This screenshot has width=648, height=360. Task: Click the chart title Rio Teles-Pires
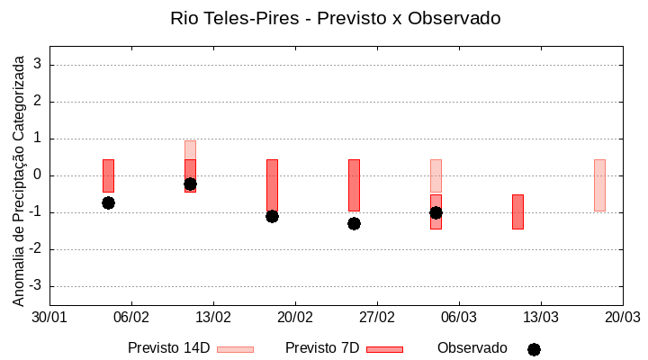[335, 18]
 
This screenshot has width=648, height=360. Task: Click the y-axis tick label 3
[39, 65]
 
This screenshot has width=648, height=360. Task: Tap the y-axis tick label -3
[36, 286]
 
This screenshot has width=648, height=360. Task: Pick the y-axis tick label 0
[39, 175]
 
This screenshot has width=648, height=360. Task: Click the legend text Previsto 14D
[168, 348]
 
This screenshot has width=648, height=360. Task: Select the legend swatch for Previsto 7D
[384, 349]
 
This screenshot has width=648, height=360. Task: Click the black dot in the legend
[534, 349]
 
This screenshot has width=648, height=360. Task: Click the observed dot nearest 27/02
[354, 223]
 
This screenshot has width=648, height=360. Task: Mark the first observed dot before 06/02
[108, 202]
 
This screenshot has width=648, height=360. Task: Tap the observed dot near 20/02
[272, 216]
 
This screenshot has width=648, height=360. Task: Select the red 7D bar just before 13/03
[517, 211]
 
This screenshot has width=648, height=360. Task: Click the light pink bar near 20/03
[599, 184]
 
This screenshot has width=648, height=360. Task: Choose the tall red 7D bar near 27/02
[354, 184]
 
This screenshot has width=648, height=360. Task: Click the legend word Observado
[472, 348]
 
